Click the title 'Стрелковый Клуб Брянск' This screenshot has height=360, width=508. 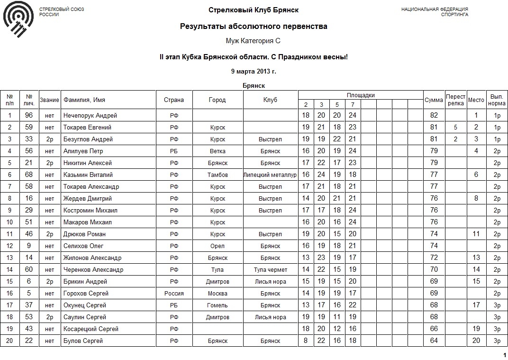254,10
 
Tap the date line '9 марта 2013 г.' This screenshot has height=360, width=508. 254,71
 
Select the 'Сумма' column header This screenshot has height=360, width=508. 434,100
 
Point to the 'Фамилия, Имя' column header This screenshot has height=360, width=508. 84,100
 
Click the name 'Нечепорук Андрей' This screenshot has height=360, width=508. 90,115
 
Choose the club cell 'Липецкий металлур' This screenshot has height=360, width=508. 271,175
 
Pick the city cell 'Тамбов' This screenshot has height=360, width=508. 218,175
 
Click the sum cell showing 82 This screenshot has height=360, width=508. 434,115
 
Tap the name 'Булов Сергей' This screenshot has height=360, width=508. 83,341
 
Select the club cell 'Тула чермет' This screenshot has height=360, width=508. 271,269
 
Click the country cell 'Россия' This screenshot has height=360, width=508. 174,293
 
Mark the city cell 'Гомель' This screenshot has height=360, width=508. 218,305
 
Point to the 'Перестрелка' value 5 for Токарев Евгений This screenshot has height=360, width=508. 455,127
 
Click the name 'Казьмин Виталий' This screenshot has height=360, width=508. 88,175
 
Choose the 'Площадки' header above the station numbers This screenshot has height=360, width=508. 361,95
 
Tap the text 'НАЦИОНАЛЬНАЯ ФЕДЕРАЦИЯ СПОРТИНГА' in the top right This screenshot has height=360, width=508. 435,12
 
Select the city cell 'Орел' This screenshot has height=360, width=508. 218,246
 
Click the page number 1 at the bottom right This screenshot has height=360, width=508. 504,355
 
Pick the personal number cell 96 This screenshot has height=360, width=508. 29,115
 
